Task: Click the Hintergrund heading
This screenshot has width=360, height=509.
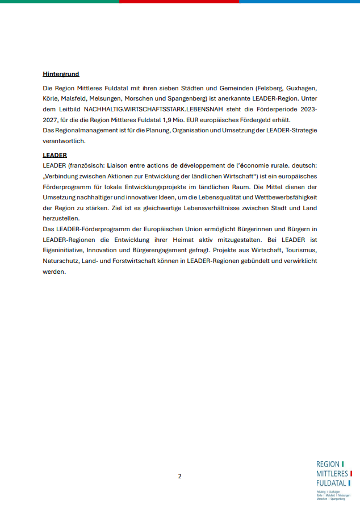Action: pyautogui.click(x=61, y=74)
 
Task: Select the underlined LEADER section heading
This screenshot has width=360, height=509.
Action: pyautogui.click(x=55, y=155)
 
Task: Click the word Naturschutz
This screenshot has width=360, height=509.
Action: pyautogui.click(x=62, y=261)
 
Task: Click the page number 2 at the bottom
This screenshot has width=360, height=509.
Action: pyautogui.click(x=180, y=476)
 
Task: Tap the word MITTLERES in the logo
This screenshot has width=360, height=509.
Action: pyautogui.click(x=332, y=474)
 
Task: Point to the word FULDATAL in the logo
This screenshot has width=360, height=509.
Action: pyautogui.click(x=331, y=483)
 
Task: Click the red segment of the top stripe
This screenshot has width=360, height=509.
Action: pyautogui.click(x=179, y=2)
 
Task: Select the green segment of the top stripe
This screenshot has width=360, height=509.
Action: pyautogui.click(x=60, y=2)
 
